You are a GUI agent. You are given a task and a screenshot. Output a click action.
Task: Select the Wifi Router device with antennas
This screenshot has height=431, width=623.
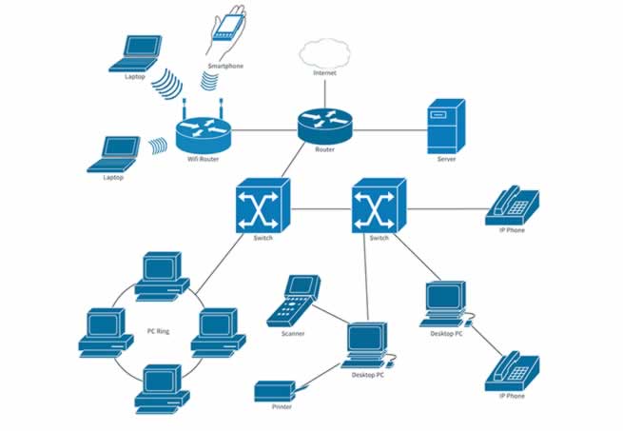pyautogui.click(x=204, y=127)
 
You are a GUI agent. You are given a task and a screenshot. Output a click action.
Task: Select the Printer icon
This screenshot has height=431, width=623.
pyautogui.click(x=276, y=390)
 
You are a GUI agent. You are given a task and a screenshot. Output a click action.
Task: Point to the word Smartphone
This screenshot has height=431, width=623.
pyautogui.click(x=225, y=67)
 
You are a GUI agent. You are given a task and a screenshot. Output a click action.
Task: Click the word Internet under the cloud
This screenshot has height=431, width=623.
pyautogui.click(x=324, y=73)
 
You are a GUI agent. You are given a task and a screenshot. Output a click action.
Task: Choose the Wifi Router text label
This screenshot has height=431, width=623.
pyautogui.click(x=203, y=158)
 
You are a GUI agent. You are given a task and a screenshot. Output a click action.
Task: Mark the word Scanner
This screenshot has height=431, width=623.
pyautogui.click(x=292, y=334)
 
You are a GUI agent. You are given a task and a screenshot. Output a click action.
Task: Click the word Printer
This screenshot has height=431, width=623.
pyautogui.click(x=275, y=407)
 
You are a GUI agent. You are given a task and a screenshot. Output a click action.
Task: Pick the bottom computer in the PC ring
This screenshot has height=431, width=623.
pyautogui.click(x=159, y=382)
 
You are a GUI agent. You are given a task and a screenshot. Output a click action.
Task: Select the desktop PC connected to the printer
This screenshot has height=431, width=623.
pyautogui.click(x=367, y=345)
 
